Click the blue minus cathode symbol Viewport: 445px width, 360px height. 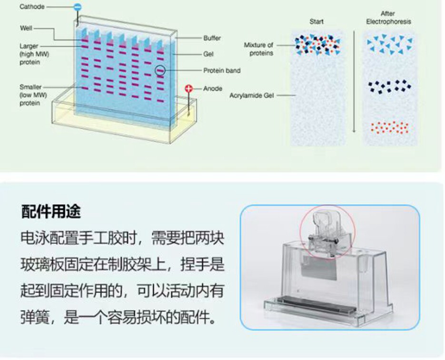[78, 8]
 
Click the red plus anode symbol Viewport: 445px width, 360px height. [189, 88]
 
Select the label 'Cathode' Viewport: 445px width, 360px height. [32, 7]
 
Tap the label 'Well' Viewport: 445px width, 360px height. [26, 28]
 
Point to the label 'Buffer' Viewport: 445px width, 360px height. [212, 38]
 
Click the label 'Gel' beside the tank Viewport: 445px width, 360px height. [208, 54]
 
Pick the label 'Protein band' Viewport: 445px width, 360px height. [222, 70]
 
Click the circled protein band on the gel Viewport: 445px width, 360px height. [160, 70]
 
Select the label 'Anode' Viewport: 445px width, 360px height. [213, 88]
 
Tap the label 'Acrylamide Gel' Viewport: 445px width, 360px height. [252, 96]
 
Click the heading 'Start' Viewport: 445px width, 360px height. [316, 21]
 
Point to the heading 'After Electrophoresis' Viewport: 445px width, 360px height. [388, 18]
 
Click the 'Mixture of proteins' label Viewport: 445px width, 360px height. [258, 49]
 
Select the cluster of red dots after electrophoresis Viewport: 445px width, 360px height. [390, 127]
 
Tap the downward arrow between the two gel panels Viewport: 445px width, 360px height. [354, 82]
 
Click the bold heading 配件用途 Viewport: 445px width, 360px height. [51, 211]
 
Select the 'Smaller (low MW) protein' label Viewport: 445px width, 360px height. [33, 95]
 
